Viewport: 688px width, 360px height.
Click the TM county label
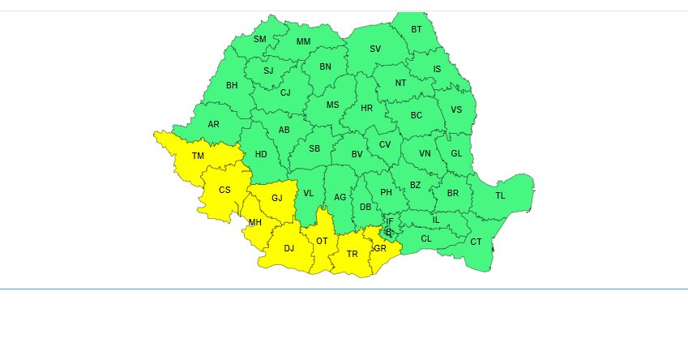[198, 156]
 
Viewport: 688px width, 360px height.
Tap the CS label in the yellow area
[224, 190]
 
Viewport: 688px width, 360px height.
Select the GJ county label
[277, 198]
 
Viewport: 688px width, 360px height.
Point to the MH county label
[254, 222]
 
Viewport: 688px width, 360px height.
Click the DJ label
[288, 248]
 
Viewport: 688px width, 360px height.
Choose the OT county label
[322, 241]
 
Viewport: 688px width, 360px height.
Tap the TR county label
[352, 254]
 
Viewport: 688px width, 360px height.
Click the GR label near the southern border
[379, 247]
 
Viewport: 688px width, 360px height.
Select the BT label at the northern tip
[417, 29]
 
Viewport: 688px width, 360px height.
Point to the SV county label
[375, 49]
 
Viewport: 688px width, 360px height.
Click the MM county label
[303, 41]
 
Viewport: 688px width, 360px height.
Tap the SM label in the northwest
[259, 39]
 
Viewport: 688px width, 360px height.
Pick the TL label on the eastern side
[500, 195]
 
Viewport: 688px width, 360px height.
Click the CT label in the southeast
[476, 242]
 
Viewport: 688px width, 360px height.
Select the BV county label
[357, 154]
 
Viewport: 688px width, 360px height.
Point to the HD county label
[261, 154]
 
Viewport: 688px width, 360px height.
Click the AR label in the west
[213, 124]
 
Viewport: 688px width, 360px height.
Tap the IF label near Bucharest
[389, 221]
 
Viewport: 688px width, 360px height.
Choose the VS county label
[456, 110]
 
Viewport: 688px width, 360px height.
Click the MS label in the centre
[332, 105]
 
